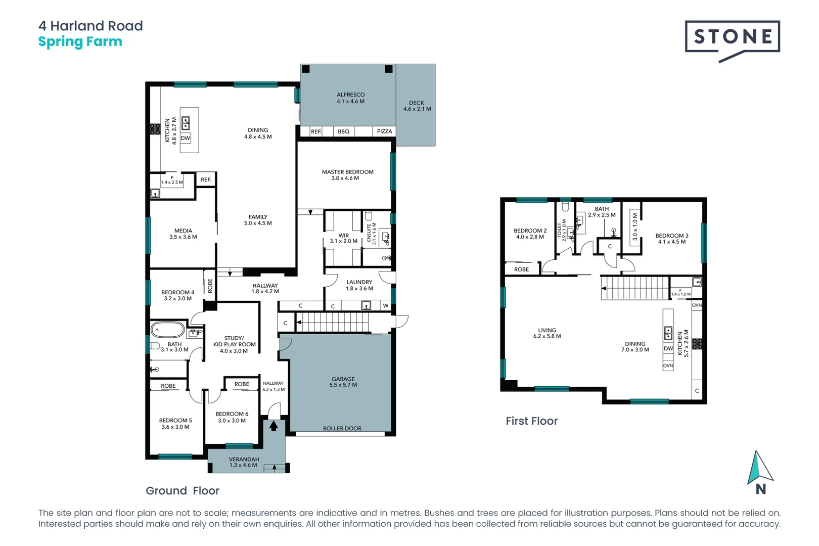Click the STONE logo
[x=732, y=37]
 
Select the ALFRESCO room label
[x=350, y=95]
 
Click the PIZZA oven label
[x=384, y=131]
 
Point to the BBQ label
[x=343, y=131]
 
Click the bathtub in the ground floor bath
[x=168, y=330]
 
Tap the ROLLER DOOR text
[x=342, y=429]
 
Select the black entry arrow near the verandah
[x=274, y=426]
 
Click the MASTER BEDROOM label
[x=347, y=172]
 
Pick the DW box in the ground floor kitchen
[x=186, y=138]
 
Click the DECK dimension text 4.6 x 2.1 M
[x=417, y=109]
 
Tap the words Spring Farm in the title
[x=80, y=42]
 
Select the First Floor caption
[x=531, y=421]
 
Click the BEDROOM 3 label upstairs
[x=671, y=236]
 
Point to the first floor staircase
[x=635, y=288]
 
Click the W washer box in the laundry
[x=386, y=306]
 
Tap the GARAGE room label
[x=343, y=379]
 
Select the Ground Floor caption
[x=182, y=491]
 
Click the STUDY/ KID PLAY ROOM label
[x=234, y=341]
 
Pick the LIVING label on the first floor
[x=547, y=330]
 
